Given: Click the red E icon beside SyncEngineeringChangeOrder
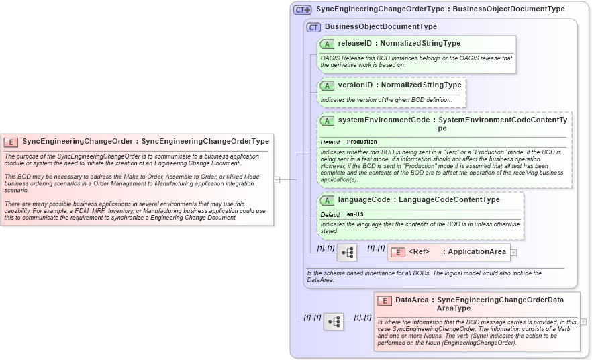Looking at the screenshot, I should pyautogui.click(x=11, y=142).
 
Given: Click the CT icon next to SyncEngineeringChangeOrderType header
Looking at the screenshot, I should pyautogui.click(x=302, y=10).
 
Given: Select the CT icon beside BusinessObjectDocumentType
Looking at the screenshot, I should pyautogui.click(x=313, y=27).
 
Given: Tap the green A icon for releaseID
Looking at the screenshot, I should pyautogui.click(x=327, y=44).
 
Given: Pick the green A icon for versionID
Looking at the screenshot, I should pyautogui.click(x=327, y=86).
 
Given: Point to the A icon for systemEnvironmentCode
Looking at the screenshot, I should pyautogui.click(x=327, y=120).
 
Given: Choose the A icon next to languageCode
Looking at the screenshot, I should pyautogui.click(x=327, y=200).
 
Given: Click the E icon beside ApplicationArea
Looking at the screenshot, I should pyautogui.click(x=397, y=252).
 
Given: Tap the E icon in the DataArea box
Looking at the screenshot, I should pyautogui.click(x=385, y=300).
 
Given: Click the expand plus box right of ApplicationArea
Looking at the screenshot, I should pyautogui.click(x=514, y=253).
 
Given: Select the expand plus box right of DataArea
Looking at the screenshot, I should pyautogui.click(x=583, y=322).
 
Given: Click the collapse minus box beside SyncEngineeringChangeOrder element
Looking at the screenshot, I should pyautogui.click(x=277, y=179).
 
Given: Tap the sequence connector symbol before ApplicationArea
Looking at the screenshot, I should pyautogui.click(x=347, y=253).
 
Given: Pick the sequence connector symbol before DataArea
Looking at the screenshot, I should pyautogui.click(x=334, y=322).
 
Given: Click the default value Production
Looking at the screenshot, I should pyautogui.click(x=362, y=142).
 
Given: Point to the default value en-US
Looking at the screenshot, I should pyautogui.click(x=355, y=214).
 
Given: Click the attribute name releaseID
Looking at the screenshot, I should pyautogui.click(x=354, y=44).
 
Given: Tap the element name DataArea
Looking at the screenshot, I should pyautogui.click(x=412, y=300).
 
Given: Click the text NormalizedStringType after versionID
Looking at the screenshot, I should pyautogui.click(x=421, y=85).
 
